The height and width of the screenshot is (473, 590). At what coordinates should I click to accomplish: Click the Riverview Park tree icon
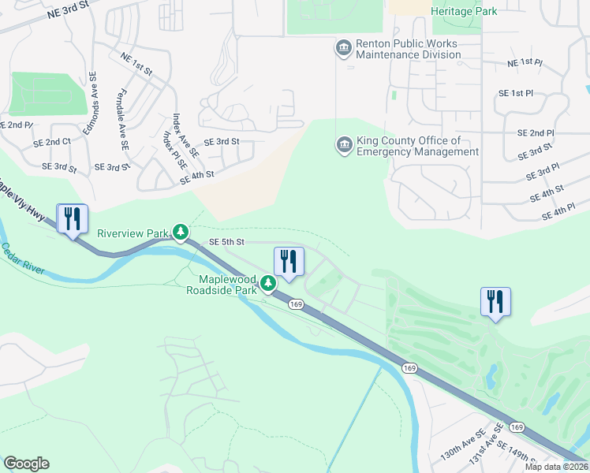coord(181,232)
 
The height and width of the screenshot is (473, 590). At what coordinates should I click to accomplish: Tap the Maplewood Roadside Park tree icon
coord(269,283)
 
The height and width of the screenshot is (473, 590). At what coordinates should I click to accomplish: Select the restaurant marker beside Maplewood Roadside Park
coord(289,262)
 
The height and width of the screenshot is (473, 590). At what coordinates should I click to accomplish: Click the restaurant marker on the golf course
coord(495,302)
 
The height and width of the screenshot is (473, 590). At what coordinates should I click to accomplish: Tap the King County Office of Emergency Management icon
coord(344,145)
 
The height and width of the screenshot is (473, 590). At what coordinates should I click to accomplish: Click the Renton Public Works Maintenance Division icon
coord(344,49)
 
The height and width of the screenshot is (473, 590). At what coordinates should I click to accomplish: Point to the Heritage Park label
coord(465,10)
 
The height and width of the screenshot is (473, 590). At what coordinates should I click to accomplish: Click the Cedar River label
coord(23,261)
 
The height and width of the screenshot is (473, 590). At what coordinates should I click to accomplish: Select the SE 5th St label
coord(227,242)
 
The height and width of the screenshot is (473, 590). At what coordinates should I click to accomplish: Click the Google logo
coord(26,464)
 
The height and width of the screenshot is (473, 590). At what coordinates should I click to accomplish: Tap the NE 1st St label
coord(136,63)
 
